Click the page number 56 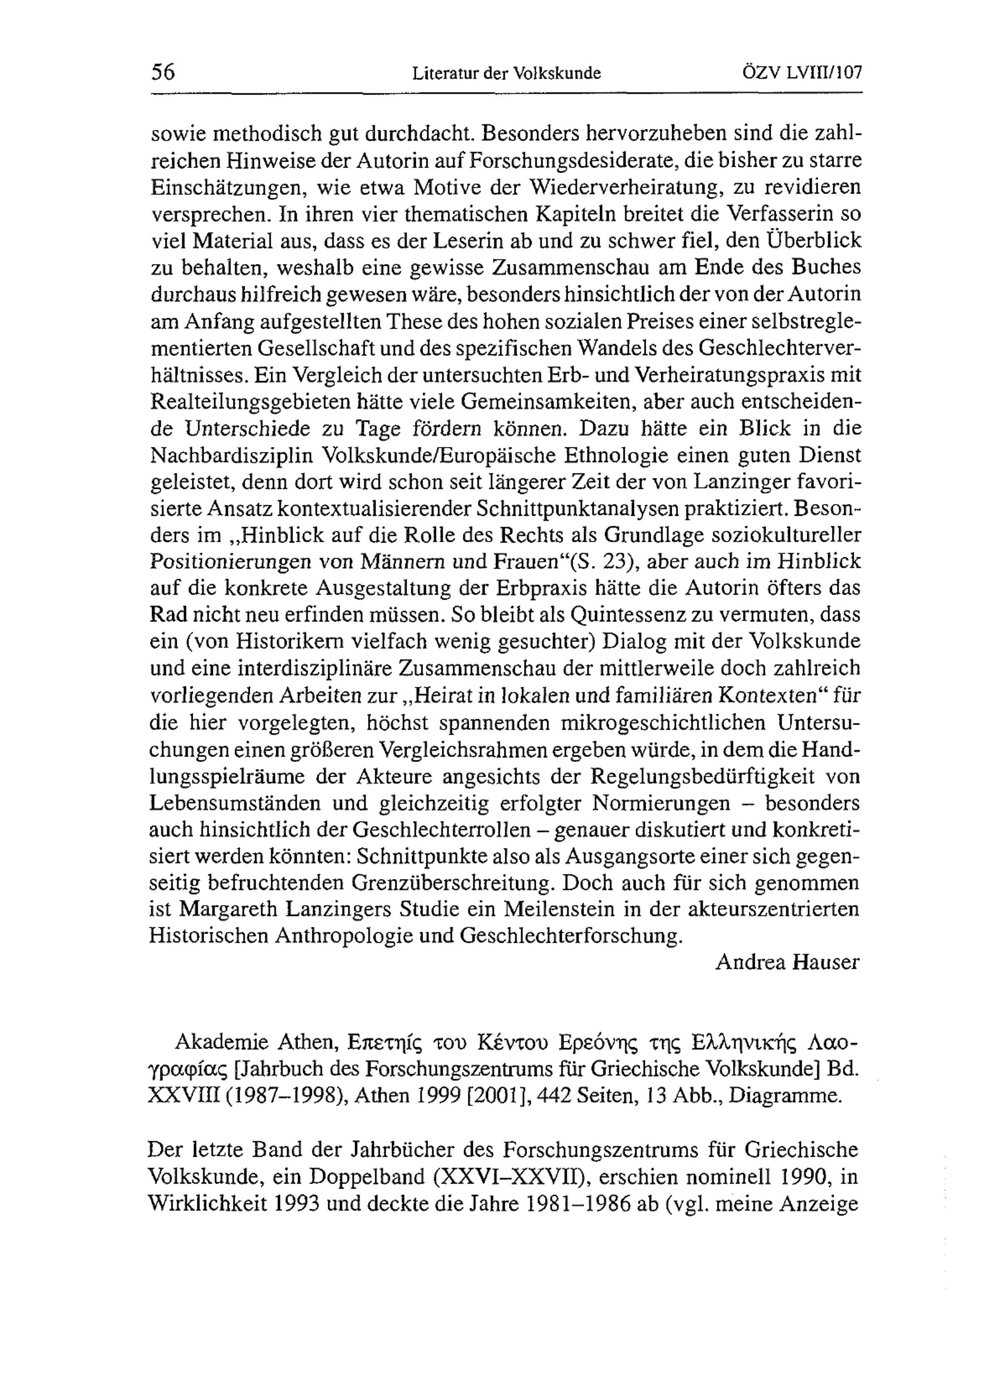point(162,73)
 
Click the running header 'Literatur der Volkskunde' point(507,74)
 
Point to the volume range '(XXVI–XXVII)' point(510,1177)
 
